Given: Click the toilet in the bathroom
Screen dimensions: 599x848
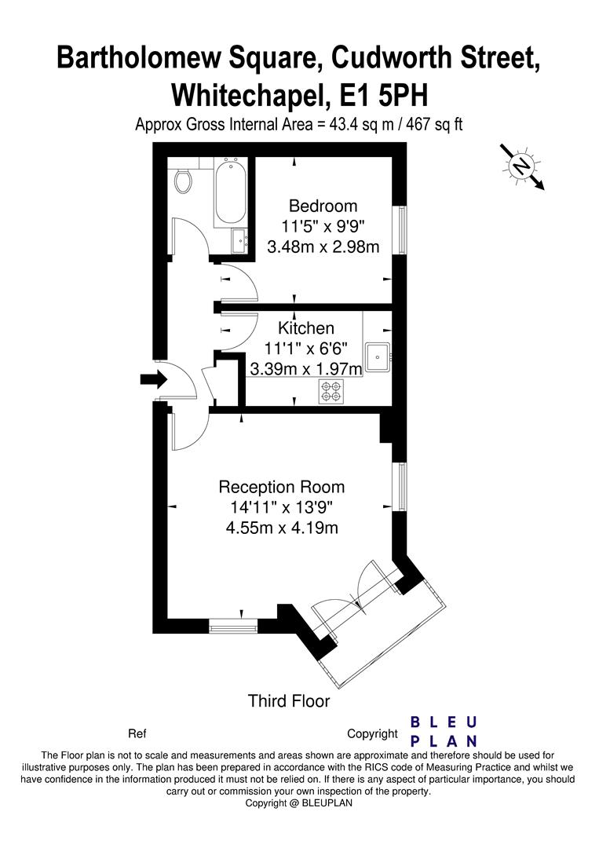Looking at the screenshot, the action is (x=183, y=181).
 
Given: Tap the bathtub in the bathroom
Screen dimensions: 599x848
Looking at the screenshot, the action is (x=231, y=192).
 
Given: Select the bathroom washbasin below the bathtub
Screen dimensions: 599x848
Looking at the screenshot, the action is (x=239, y=241).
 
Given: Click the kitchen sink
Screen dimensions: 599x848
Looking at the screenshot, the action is (x=378, y=357).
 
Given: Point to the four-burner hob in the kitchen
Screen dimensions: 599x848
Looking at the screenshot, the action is (x=332, y=391).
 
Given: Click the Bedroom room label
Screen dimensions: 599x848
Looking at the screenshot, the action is (x=323, y=206).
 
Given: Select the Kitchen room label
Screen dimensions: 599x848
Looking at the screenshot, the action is (x=306, y=327).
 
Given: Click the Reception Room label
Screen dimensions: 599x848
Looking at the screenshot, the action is (x=282, y=487).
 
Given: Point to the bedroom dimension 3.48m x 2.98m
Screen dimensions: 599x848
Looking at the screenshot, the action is (x=323, y=247).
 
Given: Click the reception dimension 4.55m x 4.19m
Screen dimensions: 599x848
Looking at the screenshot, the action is (x=282, y=528).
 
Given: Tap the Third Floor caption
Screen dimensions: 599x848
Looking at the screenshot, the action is (x=289, y=701).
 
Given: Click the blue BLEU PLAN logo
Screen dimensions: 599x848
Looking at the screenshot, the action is (x=444, y=731).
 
